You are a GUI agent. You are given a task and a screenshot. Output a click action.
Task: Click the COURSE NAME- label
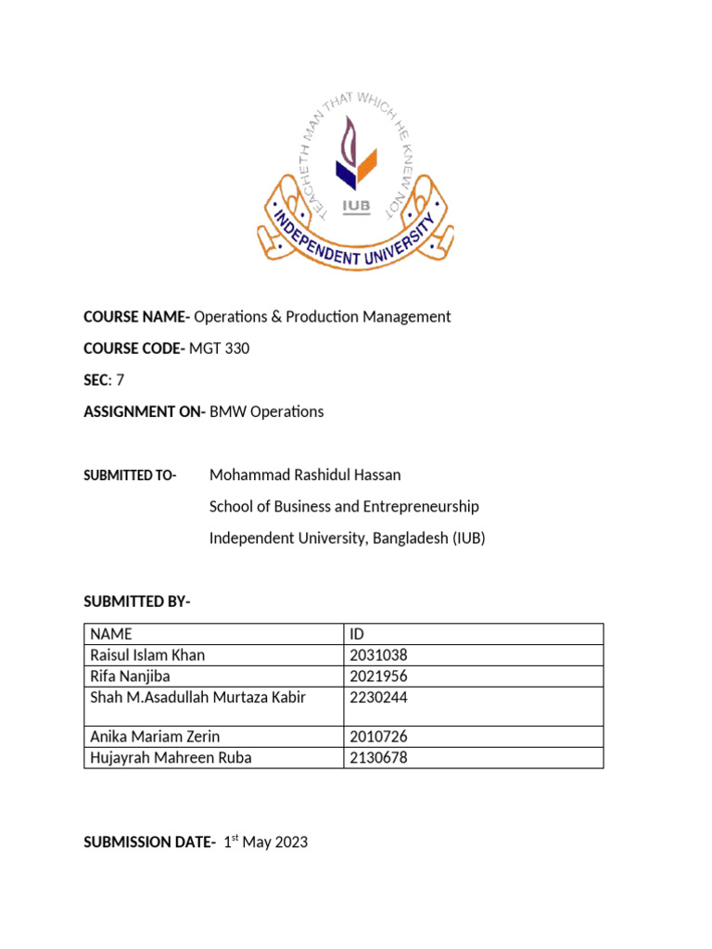point(136,317)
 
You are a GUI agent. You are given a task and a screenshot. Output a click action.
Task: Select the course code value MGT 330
point(219,348)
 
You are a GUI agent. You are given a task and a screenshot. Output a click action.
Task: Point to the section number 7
point(120,380)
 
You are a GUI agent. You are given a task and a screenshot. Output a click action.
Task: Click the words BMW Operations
point(266,411)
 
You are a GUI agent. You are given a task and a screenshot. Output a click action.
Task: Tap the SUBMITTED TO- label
point(130,475)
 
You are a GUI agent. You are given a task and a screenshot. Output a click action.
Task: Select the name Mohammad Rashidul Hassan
point(305,475)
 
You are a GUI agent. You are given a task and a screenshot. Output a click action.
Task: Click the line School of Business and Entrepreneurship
point(344,507)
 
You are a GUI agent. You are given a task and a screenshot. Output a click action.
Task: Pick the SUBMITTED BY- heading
point(136,602)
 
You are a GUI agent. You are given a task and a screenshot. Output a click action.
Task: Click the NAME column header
point(111,635)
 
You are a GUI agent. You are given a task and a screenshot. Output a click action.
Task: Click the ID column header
point(358,635)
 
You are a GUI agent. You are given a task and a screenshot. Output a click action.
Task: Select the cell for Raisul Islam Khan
point(147,655)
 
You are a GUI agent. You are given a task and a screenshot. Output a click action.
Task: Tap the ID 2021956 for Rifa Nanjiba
point(378,677)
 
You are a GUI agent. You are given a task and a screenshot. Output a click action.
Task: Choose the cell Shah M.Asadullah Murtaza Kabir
point(197,697)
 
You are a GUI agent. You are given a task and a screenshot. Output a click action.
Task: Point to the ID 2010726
point(378,738)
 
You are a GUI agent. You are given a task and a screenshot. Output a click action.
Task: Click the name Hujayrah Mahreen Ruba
point(171,758)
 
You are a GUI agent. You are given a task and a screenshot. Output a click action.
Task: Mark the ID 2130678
point(378,758)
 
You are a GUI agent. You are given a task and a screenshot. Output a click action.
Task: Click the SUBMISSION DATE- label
point(149,842)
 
